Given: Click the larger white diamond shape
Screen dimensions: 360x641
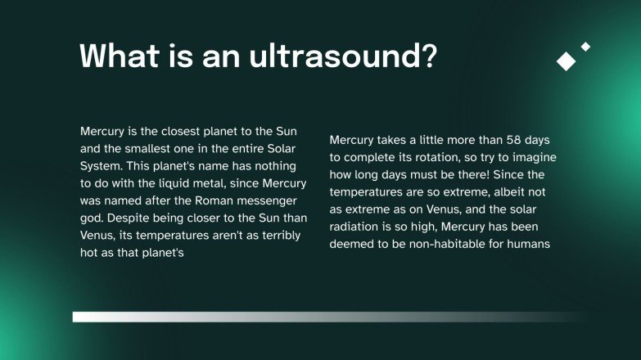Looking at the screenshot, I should point(566,61).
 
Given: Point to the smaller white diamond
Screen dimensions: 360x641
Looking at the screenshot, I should point(585,47).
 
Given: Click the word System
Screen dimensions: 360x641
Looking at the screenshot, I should point(101,166).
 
